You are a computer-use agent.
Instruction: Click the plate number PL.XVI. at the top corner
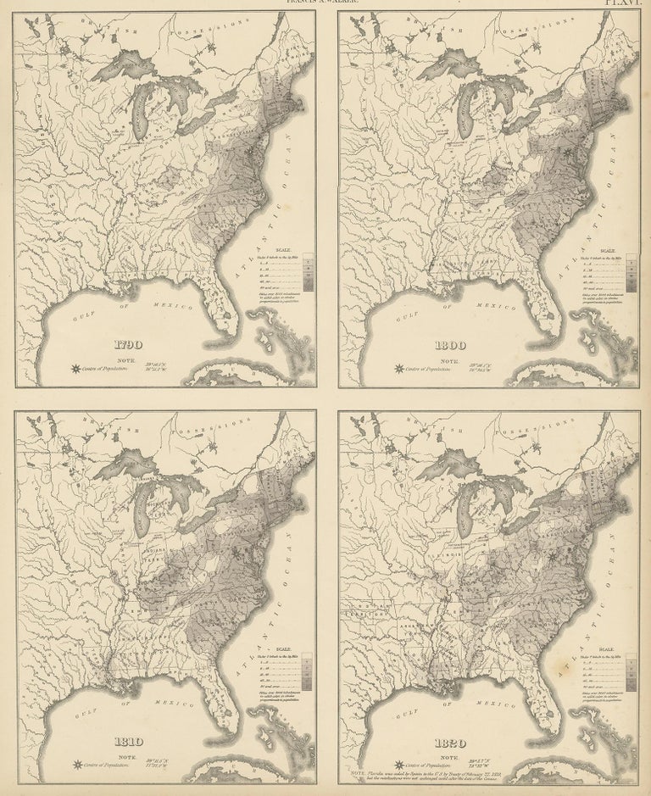tap(626, 3)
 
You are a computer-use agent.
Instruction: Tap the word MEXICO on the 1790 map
tap(159, 306)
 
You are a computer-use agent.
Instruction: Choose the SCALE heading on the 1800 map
tap(608, 251)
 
